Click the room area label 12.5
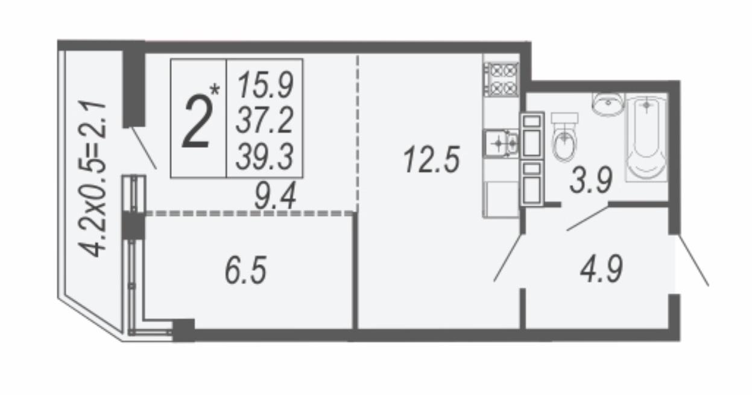coord(431,160)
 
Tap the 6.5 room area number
coord(246,270)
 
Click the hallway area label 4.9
coord(601,269)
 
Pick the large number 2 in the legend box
coord(197,121)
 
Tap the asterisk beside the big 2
coord(215,90)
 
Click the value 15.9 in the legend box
coord(265,85)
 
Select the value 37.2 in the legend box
coord(265,120)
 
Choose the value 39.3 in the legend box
coord(265,156)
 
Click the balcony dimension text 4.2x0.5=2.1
coord(92,179)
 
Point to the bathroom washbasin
coord(608,103)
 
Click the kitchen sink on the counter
coord(501,144)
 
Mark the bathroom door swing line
coord(588,218)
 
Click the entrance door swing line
coord(692,260)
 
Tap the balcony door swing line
coord(144,148)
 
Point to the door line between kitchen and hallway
coord(509,258)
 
